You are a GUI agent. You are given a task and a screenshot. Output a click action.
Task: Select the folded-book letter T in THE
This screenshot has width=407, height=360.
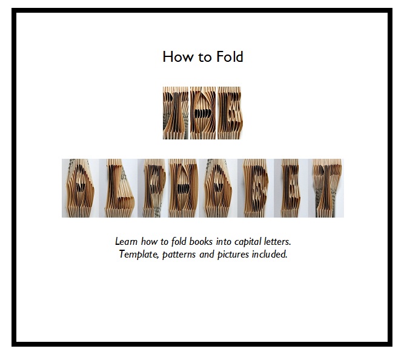tap(176, 113)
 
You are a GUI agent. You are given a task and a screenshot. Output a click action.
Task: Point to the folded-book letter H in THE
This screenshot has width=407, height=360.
tap(203, 113)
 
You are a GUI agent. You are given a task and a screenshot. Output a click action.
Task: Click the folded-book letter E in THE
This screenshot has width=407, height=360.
tap(230, 113)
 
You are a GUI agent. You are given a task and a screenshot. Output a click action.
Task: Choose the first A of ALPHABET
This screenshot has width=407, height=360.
tap(79, 188)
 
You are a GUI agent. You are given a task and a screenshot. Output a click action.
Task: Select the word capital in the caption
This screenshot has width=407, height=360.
tap(245, 242)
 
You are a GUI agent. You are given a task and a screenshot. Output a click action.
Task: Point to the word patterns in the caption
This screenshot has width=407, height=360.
tap(179, 254)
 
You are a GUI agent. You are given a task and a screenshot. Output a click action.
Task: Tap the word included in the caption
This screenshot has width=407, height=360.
tap(270, 254)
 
